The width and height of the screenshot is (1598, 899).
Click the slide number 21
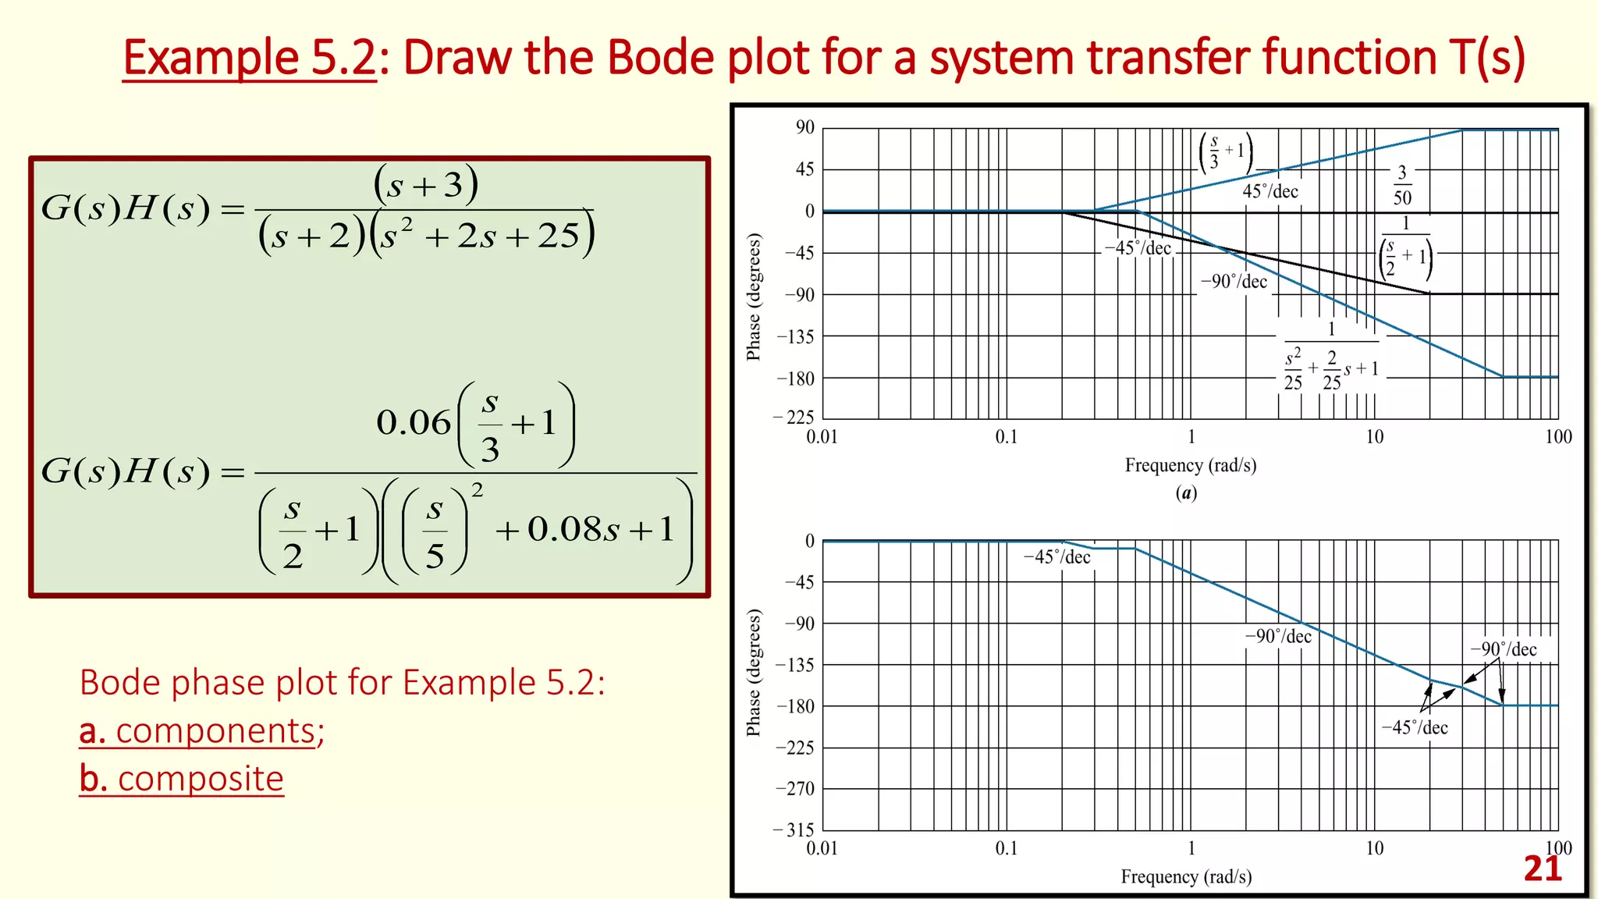[1543, 869]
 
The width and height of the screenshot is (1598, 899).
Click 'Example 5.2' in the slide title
[250, 59]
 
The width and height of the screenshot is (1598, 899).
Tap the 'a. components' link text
[201, 731]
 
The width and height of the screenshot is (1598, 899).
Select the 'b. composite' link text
[182, 779]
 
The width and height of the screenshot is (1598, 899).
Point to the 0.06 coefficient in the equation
[414, 423]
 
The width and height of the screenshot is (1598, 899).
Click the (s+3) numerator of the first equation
[426, 185]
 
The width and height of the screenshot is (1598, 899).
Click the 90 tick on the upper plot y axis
[804, 127]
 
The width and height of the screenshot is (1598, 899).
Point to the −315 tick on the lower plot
[794, 830]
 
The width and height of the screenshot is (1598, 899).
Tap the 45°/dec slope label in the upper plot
[1270, 192]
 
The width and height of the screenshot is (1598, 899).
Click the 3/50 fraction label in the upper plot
[1402, 185]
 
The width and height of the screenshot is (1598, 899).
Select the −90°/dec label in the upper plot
[1234, 282]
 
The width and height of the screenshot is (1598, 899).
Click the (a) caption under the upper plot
[1186, 492]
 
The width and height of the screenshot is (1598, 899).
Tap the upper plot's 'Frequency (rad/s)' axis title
[1190, 465]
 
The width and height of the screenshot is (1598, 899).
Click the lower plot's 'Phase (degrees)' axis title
[753, 673]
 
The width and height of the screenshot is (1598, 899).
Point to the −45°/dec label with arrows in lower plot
[1415, 727]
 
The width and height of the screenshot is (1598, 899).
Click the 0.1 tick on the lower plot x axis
[1007, 848]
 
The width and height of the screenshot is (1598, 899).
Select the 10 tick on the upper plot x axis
[1374, 437]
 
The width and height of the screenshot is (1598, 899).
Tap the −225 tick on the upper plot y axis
[794, 418]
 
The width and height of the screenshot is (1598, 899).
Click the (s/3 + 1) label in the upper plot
[1226, 152]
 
